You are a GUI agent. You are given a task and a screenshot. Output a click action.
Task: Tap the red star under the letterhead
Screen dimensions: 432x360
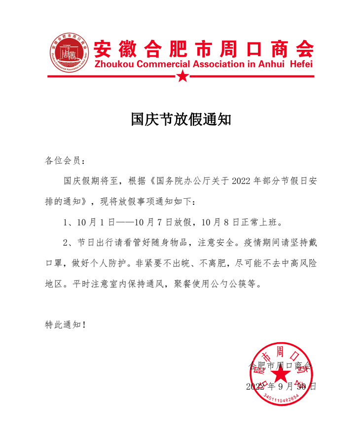(x=182, y=76)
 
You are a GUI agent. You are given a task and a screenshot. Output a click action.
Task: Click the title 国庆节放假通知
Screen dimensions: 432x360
(x=180, y=119)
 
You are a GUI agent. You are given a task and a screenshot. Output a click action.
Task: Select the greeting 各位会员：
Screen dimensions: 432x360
(x=65, y=161)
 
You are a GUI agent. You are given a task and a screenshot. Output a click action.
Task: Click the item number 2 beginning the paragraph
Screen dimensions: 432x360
(x=66, y=243)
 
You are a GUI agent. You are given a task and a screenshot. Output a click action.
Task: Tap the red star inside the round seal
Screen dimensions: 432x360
(x=282, y=376)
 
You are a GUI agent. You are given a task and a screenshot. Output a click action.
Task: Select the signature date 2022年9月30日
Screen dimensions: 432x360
(x=281, y=387)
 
